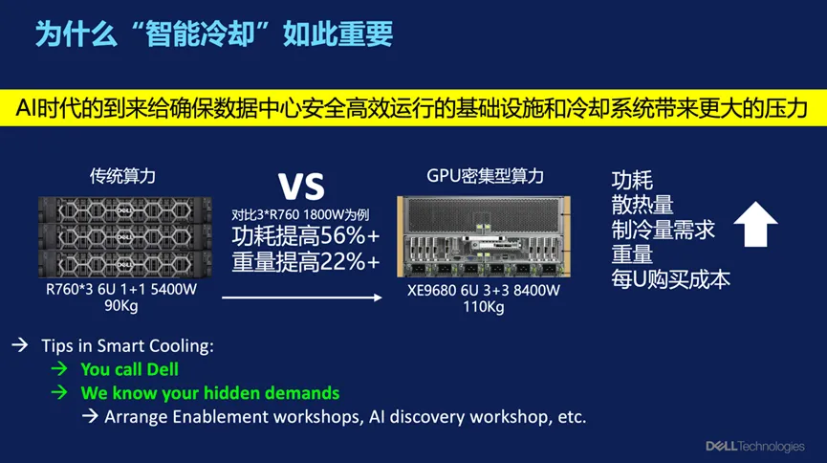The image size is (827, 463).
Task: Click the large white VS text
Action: tap(301, 187)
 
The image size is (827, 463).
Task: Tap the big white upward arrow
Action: tap(756, 224)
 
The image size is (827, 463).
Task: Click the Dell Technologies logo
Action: tap(755, 447)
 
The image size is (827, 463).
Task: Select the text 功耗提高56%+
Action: tap(305, 236)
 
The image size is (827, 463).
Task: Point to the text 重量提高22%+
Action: tap(305, 262)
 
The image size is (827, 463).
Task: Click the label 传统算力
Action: tap(122, 176)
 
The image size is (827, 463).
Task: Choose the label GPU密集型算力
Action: tap(485, 176)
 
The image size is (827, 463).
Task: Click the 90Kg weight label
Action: tap(120, 306)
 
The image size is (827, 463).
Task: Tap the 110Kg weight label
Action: tap(483, 307)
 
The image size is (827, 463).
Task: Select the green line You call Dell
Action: tap(130, 369)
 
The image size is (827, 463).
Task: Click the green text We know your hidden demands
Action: tap(210, 393)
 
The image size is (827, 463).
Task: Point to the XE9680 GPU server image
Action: tap(484, 236)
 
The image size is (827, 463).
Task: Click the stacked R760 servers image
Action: tap(125, 237)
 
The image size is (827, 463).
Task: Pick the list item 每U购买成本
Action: tap(670, 279)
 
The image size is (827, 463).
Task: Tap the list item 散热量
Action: tap(642, 205)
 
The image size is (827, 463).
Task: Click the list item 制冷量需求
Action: tap(663, 230)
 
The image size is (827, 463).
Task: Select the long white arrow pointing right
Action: tap(302, 298)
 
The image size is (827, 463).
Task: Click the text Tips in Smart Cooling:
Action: tap(128, 345)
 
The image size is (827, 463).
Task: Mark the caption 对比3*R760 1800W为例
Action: tap(300, 215)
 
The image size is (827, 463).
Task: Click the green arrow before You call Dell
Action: tap(59, 368)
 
